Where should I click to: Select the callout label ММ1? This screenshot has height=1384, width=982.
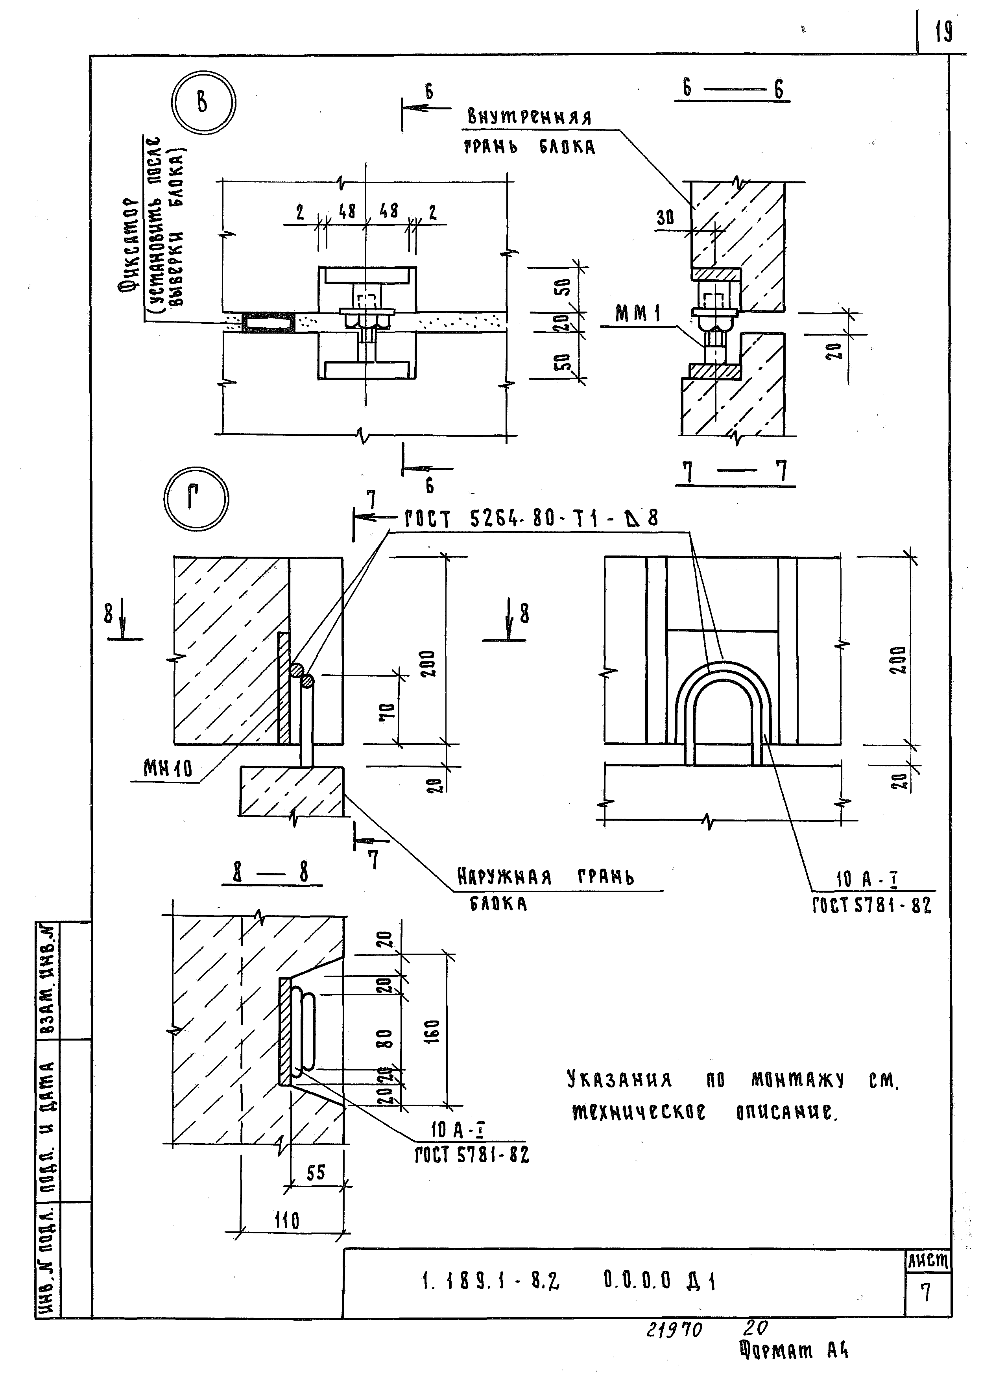point(638,314)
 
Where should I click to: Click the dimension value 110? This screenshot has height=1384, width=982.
point(287,1221)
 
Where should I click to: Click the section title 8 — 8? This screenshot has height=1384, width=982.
point(271,873)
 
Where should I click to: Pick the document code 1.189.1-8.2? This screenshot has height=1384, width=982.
point(490,1281)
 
